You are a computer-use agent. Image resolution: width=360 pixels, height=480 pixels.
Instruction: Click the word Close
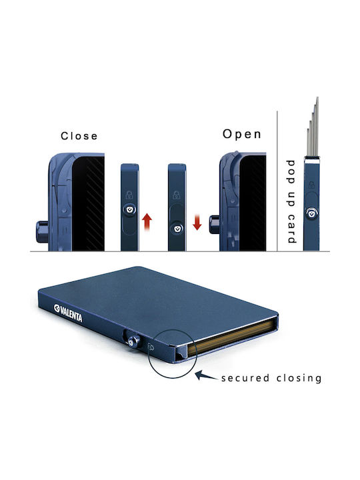tap(79, 135)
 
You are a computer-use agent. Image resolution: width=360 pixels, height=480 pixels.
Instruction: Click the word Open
tap(242, 134)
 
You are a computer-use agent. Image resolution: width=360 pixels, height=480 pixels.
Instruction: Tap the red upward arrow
tap(147, 222)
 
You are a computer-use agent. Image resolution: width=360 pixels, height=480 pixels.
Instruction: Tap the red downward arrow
tap(197, 222)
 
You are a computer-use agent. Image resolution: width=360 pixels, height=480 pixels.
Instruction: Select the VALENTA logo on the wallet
tap(68, 313)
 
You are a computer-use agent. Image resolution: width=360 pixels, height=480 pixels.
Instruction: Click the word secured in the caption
tap(245, 378)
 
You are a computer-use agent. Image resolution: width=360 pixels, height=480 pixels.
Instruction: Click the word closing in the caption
tap(299, 378)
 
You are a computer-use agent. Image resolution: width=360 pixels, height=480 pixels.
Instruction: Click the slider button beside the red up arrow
tap(129, 209)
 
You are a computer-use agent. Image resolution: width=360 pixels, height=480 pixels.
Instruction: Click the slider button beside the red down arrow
tap(177, 229)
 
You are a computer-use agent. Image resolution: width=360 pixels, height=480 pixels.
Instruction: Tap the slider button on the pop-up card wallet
tap(311, 213)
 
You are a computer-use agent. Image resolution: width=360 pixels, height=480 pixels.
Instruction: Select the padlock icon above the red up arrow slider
tap(129, 195)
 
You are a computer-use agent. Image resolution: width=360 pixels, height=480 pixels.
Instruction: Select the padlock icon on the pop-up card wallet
tap(311, 185)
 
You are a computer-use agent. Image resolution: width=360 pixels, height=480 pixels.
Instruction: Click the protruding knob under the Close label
tap(41, 232)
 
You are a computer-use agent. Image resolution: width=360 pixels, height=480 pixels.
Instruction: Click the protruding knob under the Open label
tap(214, 225)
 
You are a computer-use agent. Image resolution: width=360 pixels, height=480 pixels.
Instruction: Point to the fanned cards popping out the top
tap(313, 127)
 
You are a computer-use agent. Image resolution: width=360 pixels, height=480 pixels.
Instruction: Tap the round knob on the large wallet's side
tap(133, 341)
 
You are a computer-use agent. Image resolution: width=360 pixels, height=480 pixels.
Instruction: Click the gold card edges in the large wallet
tap(233, 337)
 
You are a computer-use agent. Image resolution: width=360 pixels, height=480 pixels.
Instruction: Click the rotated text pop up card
tap(291, 202)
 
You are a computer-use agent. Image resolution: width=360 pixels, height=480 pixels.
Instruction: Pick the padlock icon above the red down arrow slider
tap(176, 195)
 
